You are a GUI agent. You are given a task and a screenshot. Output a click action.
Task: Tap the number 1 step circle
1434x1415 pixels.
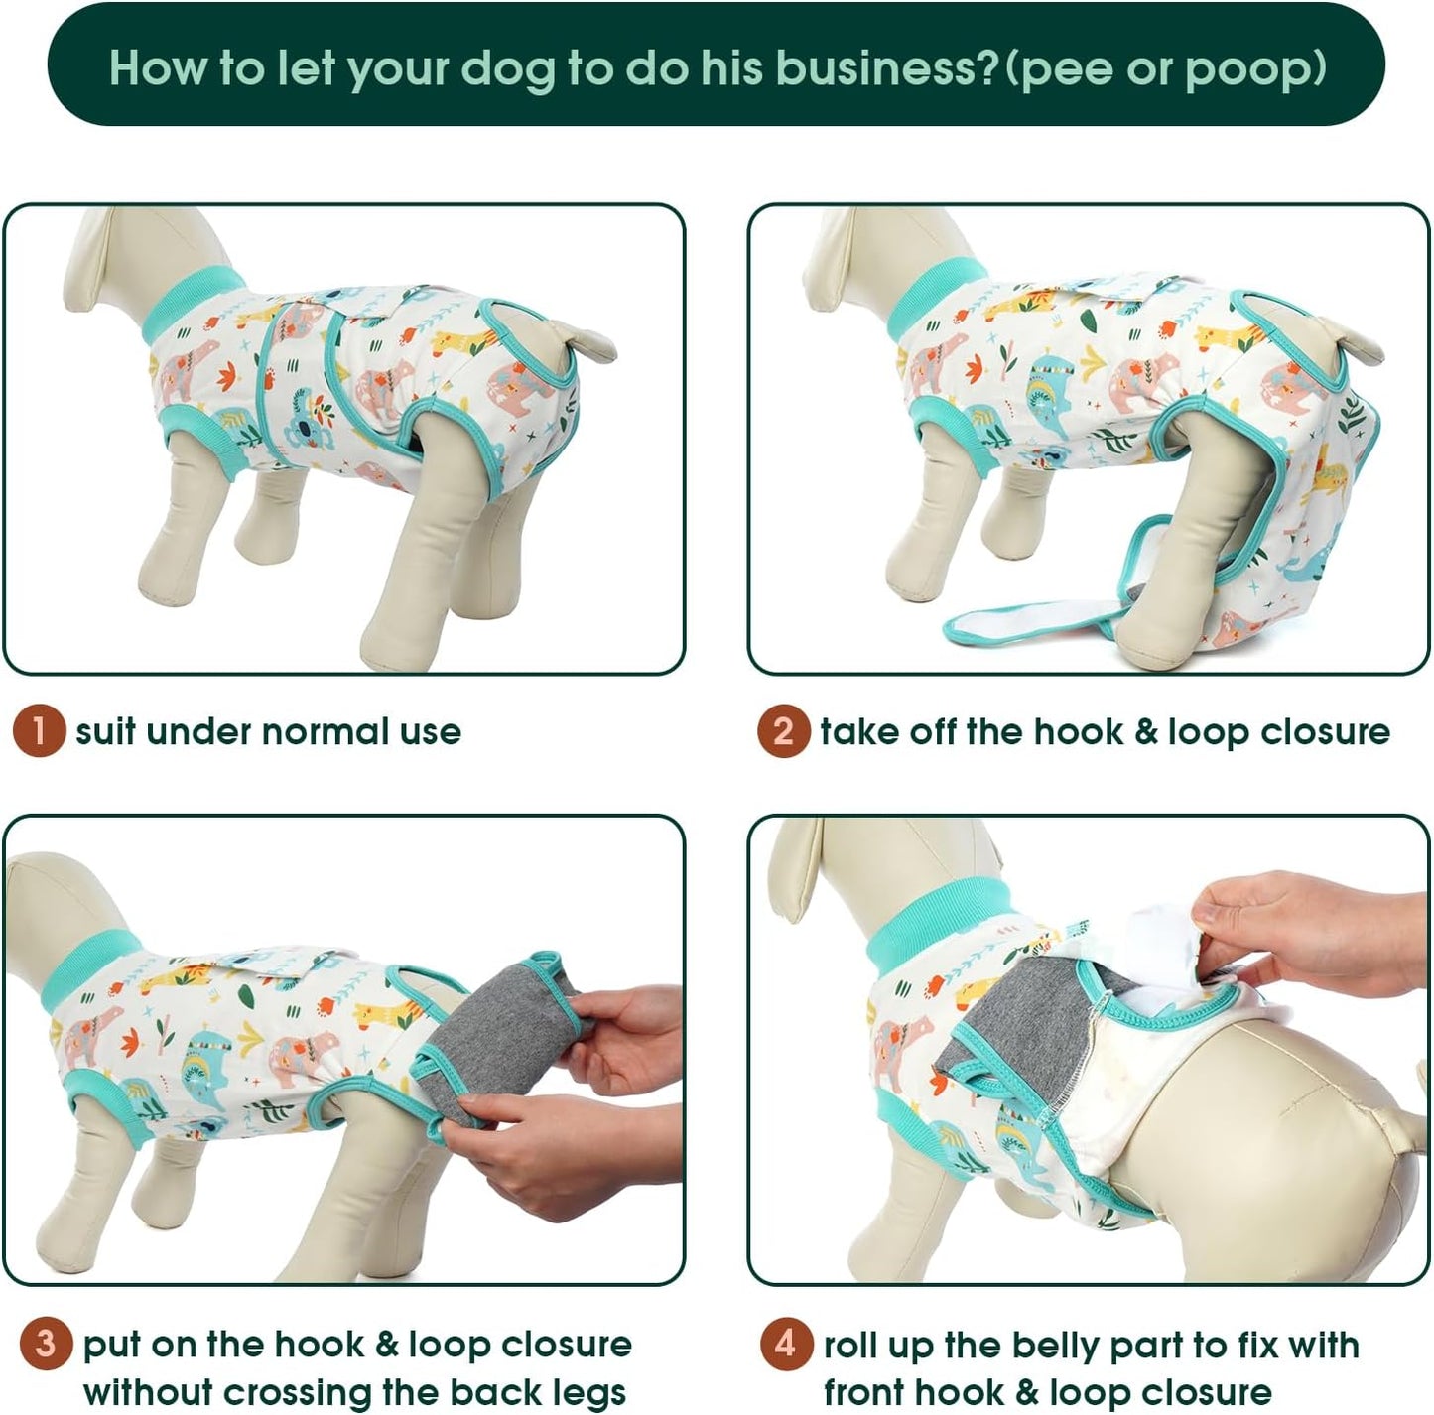pos(39,731)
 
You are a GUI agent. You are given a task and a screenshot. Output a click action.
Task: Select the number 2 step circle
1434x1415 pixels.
pos(783,731)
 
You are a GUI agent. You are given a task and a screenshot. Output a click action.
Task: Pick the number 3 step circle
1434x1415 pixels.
pos(46,1345)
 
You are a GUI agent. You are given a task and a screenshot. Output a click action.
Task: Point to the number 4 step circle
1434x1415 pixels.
pos(786,1345)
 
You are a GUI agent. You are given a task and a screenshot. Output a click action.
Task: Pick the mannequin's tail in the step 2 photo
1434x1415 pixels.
pos(1356,342)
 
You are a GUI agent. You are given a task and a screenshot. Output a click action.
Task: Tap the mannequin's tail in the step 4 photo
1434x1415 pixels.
pos(1409,1131)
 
